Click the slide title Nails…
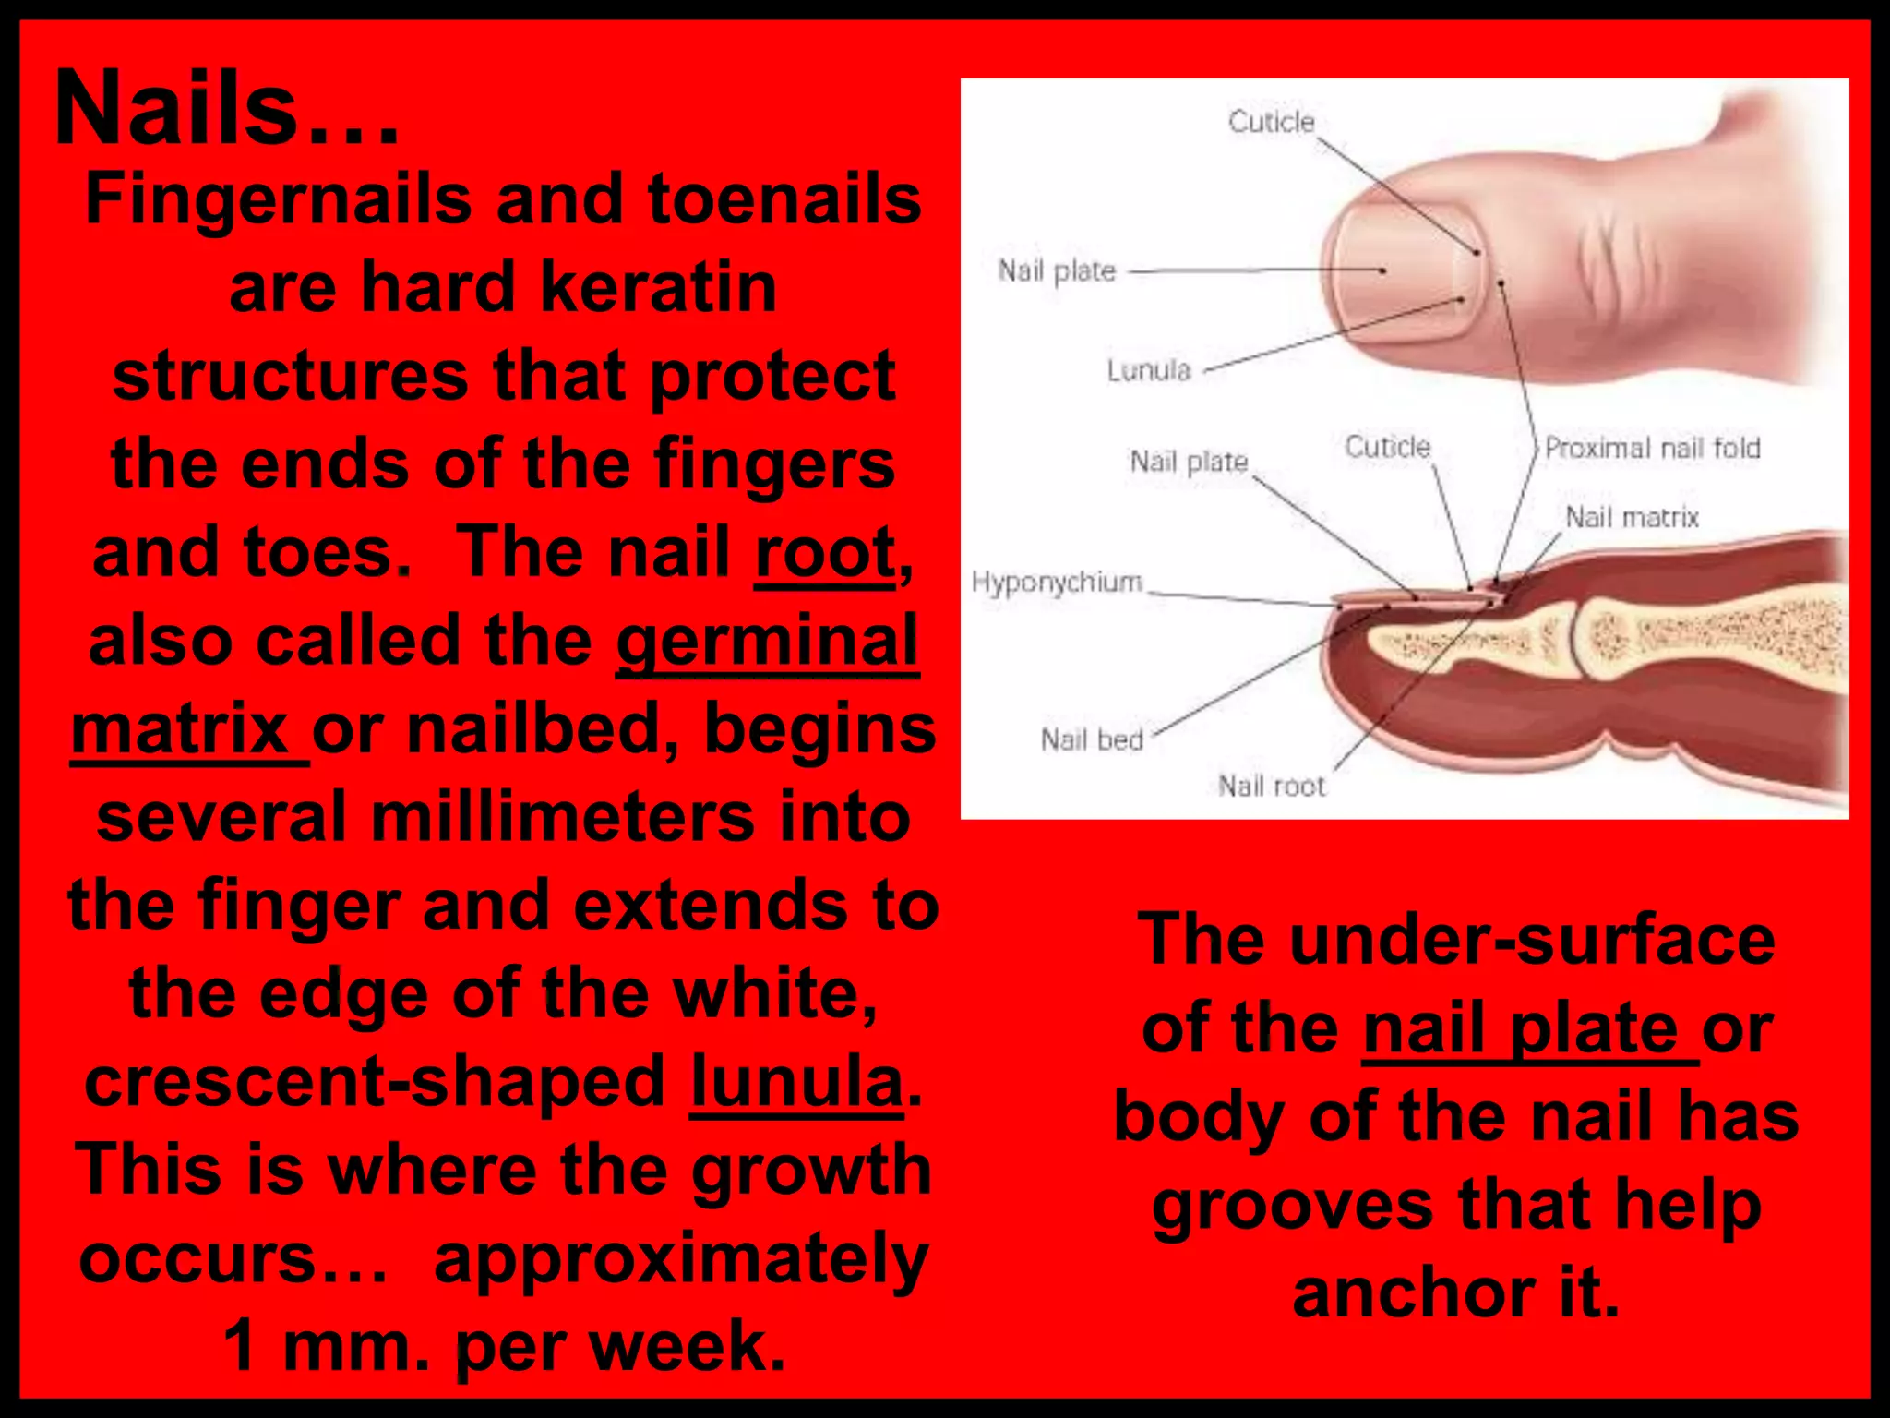click(x=226, y=109)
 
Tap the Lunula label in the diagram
click(x=1149, y=370)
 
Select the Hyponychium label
click(x=1057, y=583)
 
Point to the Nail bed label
click(x=1092, y=739)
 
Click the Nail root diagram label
click(x=1272, y=786)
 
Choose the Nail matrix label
click(x=1632, y=517)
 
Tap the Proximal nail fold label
click(x=1653, y=448)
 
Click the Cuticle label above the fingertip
click(x=1271, y=122)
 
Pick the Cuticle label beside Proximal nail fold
click(x=1387, y=447)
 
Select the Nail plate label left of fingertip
click(x=1057, y=270)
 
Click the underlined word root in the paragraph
click(x=825, y=553)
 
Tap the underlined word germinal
click(x=767, y=641)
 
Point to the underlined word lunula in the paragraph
click(x=796, y=1081)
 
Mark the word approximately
click(x=681, y=1259)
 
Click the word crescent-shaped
click(x=375, y=1081)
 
